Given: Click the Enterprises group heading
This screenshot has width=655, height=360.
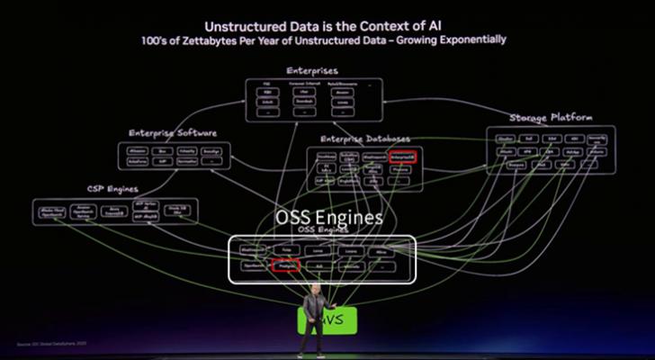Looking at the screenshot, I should tap(313, 69).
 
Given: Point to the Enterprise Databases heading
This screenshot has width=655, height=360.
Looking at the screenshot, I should tap(365, 139).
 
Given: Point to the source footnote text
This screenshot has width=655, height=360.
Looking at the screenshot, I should tap(52, 344).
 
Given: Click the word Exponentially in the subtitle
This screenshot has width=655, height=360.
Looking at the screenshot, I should tap(476, 40).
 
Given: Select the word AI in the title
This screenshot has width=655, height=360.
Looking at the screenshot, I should tap(440, 27).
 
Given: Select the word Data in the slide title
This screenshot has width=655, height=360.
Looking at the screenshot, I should tap(309, 27).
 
